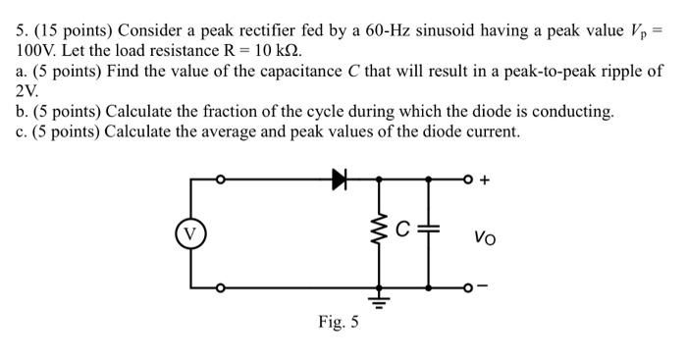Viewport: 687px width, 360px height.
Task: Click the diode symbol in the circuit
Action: click(341, 179)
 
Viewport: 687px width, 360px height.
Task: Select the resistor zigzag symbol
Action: click(379, 233)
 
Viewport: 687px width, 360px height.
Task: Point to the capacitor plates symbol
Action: click(428, 233)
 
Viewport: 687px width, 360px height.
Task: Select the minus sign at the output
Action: click(483, 287)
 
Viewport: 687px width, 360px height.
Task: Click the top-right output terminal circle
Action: click(466, 180)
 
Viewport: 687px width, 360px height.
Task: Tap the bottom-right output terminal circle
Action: click(466, 287)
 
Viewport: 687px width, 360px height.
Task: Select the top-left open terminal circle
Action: click(221, 180)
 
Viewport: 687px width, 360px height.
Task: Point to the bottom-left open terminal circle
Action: click(221, 287)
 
